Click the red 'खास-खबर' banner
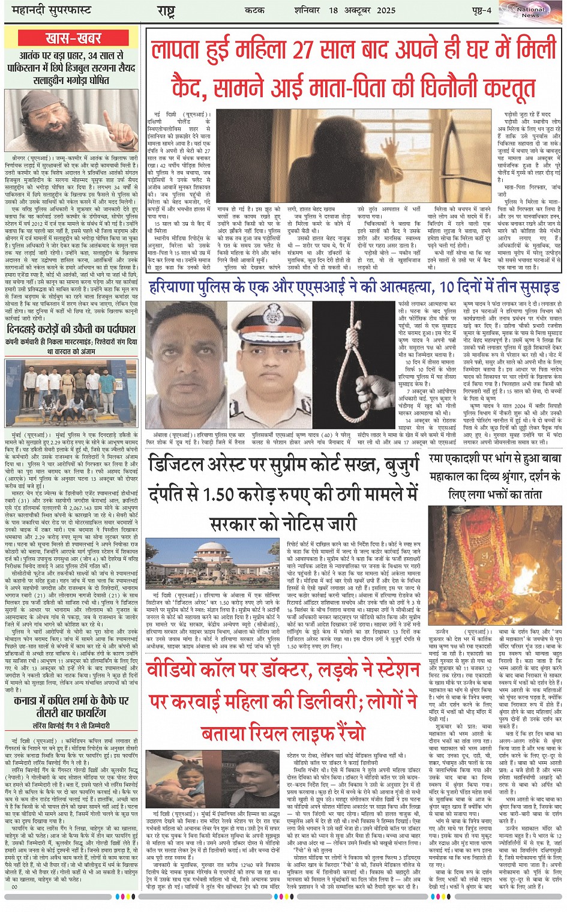(73, 38)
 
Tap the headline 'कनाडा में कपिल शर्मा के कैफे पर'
(72, 700)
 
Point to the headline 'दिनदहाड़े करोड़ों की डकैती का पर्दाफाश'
(71, 330)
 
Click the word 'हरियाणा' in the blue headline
(174, 286)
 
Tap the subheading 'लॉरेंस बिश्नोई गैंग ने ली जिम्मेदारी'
(71, 725)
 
